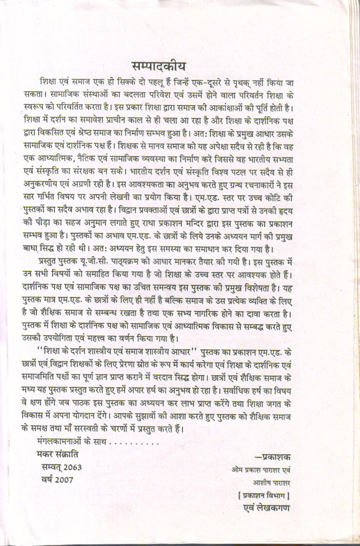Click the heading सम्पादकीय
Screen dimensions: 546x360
[x=158, y=67]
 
